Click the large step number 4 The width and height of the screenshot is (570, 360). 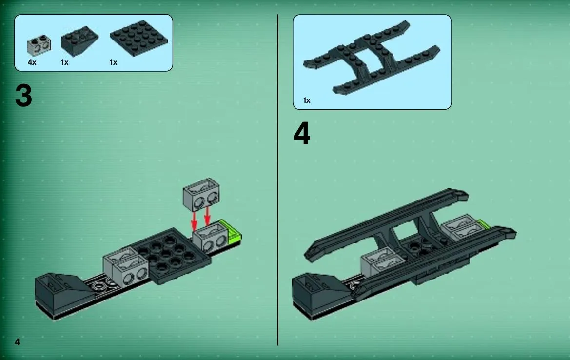click(x=302, y=134)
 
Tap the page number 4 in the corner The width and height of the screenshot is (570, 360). click(x=17, y=341)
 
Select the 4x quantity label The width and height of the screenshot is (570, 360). click(x=32, y=62)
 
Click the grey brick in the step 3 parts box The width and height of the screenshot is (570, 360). click(x=39, y=45)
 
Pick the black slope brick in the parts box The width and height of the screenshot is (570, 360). click(x=79, y=40)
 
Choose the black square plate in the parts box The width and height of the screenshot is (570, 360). click(x=138, y=38)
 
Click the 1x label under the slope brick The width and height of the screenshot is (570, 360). click(x=65, y=62)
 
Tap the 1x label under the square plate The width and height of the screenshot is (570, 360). click(x=114, y=62)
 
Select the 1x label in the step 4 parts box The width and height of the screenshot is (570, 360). click(x=307, y=100)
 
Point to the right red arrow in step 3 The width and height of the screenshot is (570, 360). click(x=207, y=215)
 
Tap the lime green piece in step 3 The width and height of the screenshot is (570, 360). click(x=232, y=232)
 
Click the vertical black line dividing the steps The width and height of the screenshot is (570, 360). click(x=278, y=180)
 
